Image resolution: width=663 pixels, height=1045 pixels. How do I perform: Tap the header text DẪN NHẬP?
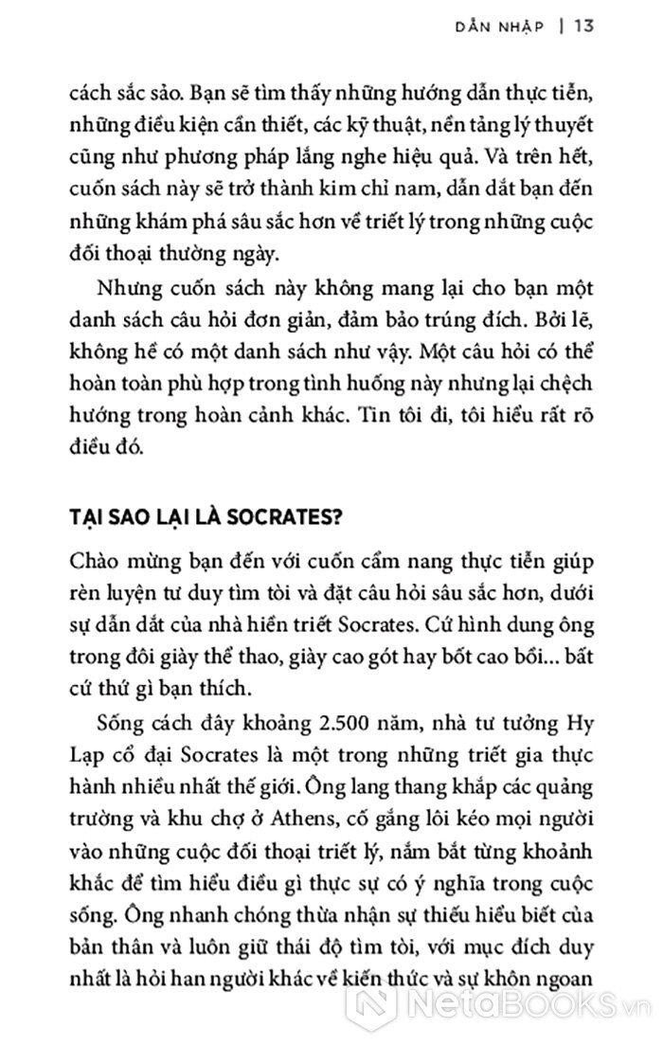[508, 27]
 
